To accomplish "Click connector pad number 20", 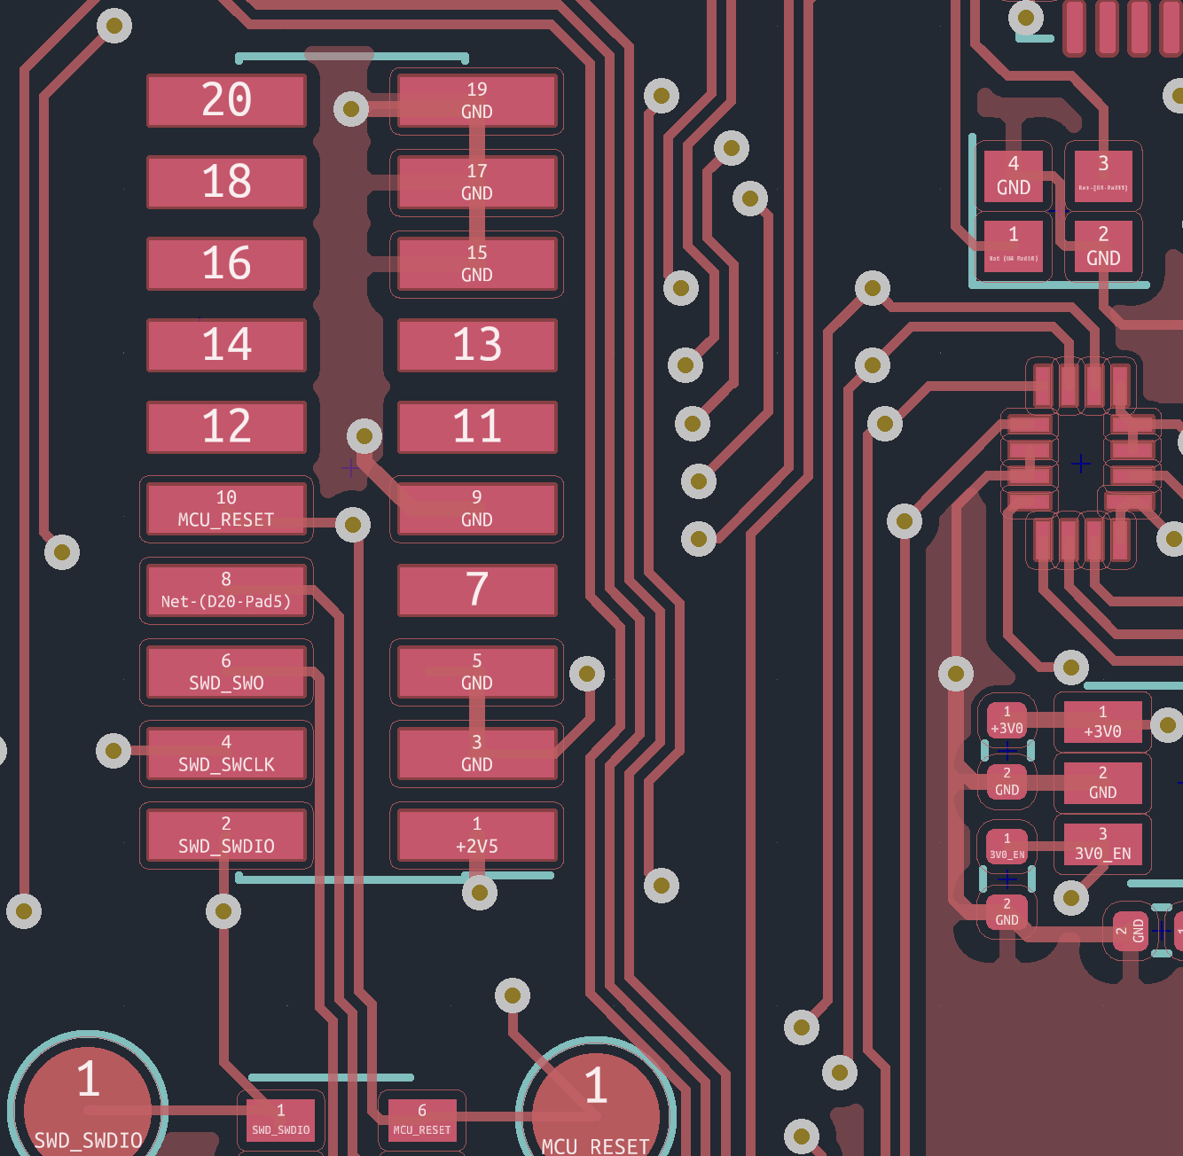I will [x=226, y=100].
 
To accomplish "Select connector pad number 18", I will [x=226, y=182].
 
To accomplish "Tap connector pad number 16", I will [x=226, y=263].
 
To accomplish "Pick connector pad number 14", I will [x=226, y=345].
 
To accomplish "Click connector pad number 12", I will [x=226, y=426].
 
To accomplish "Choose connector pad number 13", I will [x=477, y=345].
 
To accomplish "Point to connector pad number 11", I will [x=477, y=426].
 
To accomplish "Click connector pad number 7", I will [x=477, y=590].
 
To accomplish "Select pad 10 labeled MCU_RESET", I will [x=226, y=509].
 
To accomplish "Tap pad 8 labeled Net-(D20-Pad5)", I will [x=226, y=590].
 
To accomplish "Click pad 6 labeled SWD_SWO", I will [x=226, y=672].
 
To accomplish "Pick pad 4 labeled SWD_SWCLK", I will [x=226, y=754].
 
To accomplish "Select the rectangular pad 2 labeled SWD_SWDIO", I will [x=226, y=835].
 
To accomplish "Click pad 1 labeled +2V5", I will [x=477, y=835].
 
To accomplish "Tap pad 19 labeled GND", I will [x=477, y=100].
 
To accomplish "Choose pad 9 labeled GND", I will [x=477, y=509].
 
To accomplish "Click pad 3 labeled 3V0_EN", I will [x=1102, y=845].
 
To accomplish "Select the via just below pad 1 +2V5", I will [x=480, y=892].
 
